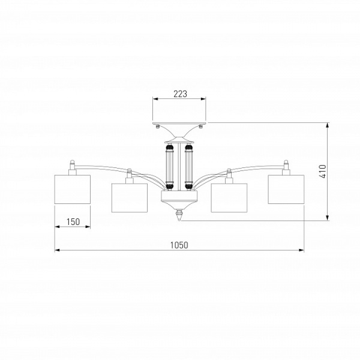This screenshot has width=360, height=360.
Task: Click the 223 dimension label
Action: tap(180, 94)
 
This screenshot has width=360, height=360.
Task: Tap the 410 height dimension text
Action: tap(323, 172)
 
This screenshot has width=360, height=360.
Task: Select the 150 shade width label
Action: tap(73, 222)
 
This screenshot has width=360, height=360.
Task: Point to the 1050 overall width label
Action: tap(179, 245)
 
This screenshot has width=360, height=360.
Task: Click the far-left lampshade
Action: tap(73, 190)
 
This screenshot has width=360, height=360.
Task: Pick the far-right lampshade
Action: tap(286, 190)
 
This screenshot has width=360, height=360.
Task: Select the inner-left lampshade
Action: tap(129, 197)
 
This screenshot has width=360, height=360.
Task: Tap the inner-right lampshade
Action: tap(229, 197)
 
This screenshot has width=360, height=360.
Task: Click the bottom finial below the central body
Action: tap(179, 215)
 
